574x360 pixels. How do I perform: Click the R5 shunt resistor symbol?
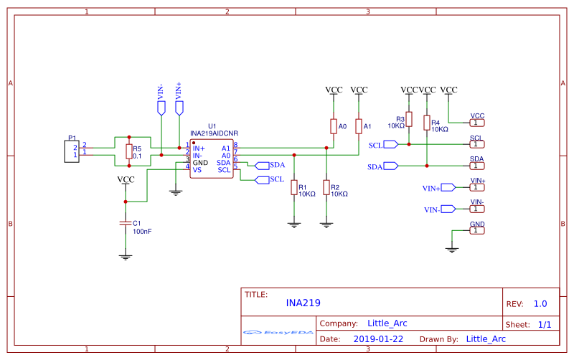pos(129,151)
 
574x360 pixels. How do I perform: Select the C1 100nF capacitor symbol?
pos(126,224)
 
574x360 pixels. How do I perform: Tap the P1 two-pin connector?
pos(72,151)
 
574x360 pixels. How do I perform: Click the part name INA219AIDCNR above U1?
pos(214,133)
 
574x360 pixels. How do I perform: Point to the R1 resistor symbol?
pos(293,187)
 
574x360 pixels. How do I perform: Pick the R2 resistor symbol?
pos(326,187)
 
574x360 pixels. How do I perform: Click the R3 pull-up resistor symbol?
pos(409,118)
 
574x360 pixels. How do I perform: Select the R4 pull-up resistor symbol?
pos(427,123)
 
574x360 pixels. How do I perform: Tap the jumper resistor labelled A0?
pos(333,126)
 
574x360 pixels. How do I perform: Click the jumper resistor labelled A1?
pos(358,126)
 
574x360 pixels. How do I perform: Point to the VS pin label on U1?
pos(197,170)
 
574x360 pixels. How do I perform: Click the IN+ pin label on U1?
pos(199,148)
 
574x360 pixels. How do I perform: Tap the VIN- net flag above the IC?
pos(161,108)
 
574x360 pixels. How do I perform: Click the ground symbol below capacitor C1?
pos(126,255)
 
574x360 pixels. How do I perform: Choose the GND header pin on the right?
pos(477,231)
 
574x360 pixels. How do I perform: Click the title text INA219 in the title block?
pos(303,303)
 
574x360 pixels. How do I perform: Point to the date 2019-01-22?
pos(378,338)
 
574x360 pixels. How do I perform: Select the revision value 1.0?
pos(540,303)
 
